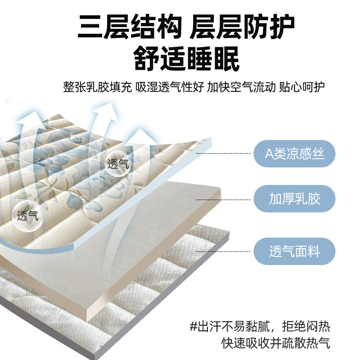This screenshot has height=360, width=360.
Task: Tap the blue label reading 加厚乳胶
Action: (295, 198)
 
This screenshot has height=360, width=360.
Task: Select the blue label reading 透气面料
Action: (295, 252)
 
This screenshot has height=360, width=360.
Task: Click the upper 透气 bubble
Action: (118, 164)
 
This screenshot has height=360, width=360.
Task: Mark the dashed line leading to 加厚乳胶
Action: (225, 198)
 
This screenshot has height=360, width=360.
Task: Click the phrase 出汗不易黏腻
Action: (236, 325)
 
